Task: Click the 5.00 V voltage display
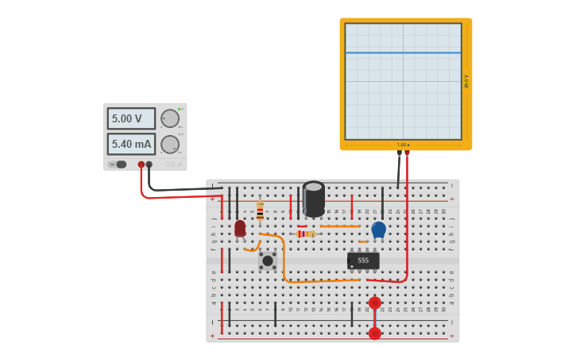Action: [131, 118]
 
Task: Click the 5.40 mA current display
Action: [131, 144]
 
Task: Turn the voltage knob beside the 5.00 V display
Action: [170, 118]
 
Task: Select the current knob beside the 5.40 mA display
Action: [170, 145]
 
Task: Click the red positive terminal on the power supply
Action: [141, 165]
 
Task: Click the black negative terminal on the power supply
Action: [149, 165]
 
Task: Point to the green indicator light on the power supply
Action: [180, 109]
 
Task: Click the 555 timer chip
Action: [363, 261]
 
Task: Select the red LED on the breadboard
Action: [240, 229]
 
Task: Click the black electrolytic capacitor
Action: [314, 199]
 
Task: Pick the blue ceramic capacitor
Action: [378, 230]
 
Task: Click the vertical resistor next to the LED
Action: [260, 211]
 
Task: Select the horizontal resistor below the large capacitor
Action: [306, 234]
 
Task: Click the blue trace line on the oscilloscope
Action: [403, 53]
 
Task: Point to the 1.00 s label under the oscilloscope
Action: [403, 145]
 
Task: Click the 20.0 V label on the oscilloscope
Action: [466, 81]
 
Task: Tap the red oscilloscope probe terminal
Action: [407, 153]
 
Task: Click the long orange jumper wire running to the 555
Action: [318, 281]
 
